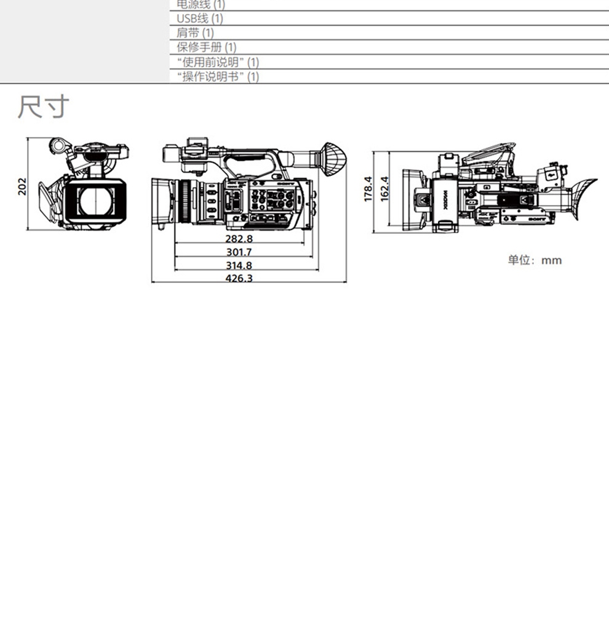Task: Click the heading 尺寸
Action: pos(43,107)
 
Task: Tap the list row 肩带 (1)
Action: pos(195,33)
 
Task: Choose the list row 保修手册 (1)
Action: pos(206,47)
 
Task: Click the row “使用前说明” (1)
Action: pos(218,62)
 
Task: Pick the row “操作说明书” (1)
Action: pos(218,77)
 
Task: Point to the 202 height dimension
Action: pos(22,186)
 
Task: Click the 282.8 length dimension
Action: pos(239,238)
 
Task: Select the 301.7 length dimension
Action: pos(239,252)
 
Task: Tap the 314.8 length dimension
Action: pos(239,266)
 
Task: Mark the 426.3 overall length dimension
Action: pos(239,279)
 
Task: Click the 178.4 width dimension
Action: pos(368,189)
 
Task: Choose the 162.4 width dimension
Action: pos(384,189)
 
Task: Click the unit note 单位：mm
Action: pos(534,260)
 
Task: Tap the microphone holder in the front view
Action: pos(58,146)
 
